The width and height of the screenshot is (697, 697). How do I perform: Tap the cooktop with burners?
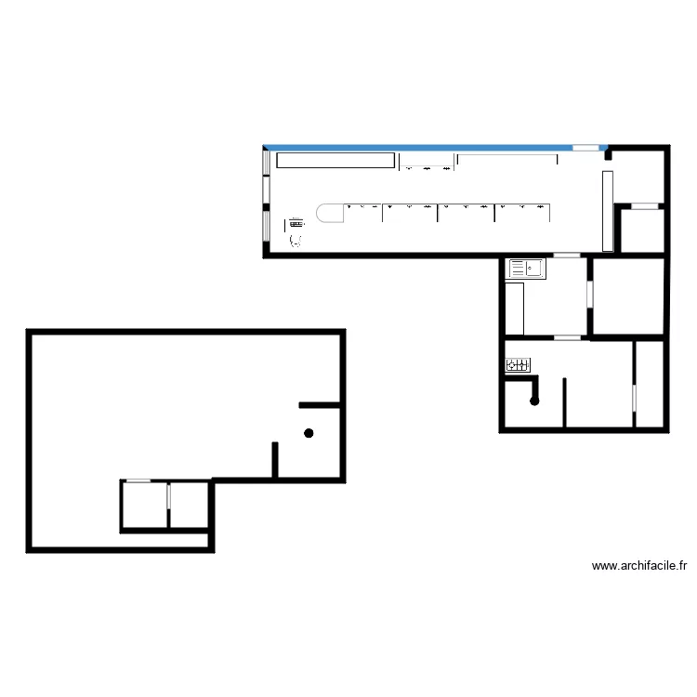(x=519, y=366)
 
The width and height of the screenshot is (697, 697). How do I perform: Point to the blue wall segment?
(x=418, y=147)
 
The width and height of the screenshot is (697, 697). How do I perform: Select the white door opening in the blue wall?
(x=585, y=148)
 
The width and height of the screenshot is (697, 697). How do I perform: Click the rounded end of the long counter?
(x=327, y=213)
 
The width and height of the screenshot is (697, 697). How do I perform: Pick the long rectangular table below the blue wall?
(x=335, y=161)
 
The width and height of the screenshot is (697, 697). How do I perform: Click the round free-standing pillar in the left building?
(x=309, y=433)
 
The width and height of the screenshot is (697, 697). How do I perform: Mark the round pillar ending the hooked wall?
(x=534, y=401)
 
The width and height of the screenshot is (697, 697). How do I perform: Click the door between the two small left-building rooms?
(x=168, y=495)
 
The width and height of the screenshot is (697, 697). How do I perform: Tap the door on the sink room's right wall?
(x=589, y=294)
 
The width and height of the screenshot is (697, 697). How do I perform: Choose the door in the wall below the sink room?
(x=567, y=337)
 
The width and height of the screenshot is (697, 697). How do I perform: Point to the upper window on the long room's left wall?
(x=266, y=162)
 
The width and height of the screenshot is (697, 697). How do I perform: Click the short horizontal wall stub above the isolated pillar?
(x=319, y=405)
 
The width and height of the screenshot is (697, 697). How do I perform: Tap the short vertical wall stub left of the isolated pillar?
(x=275, y=459)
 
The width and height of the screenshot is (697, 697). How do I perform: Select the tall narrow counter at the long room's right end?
(x=608, y=211)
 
